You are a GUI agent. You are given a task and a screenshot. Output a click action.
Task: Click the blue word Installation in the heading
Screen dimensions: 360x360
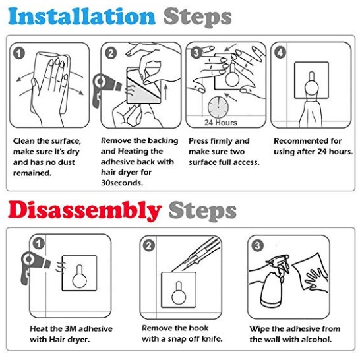(82, 16)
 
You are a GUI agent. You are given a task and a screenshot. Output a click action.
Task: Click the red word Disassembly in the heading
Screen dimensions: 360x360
(84, 211)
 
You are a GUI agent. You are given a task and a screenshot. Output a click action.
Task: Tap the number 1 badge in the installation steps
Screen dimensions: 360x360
(19, 53)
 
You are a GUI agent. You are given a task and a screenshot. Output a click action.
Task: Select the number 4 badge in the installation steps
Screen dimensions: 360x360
(280, 53)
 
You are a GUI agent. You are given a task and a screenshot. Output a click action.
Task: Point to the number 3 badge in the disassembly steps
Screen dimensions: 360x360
(257, 246)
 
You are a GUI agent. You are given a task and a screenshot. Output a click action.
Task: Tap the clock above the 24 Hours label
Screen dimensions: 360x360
(218, 107)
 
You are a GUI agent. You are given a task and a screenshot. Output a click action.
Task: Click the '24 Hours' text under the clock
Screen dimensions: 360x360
(221, 123)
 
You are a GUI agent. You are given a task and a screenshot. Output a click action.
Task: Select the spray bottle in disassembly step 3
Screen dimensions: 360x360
(274, 282)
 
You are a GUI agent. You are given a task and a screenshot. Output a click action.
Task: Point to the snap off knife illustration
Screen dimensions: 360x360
(196, 255)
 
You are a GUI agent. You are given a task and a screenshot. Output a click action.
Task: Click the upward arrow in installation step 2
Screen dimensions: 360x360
(165, 92)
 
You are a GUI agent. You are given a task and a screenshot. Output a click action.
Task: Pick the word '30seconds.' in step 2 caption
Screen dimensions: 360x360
(122, 183)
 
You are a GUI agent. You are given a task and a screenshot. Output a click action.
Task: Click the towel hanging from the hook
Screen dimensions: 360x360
(311, 113)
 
